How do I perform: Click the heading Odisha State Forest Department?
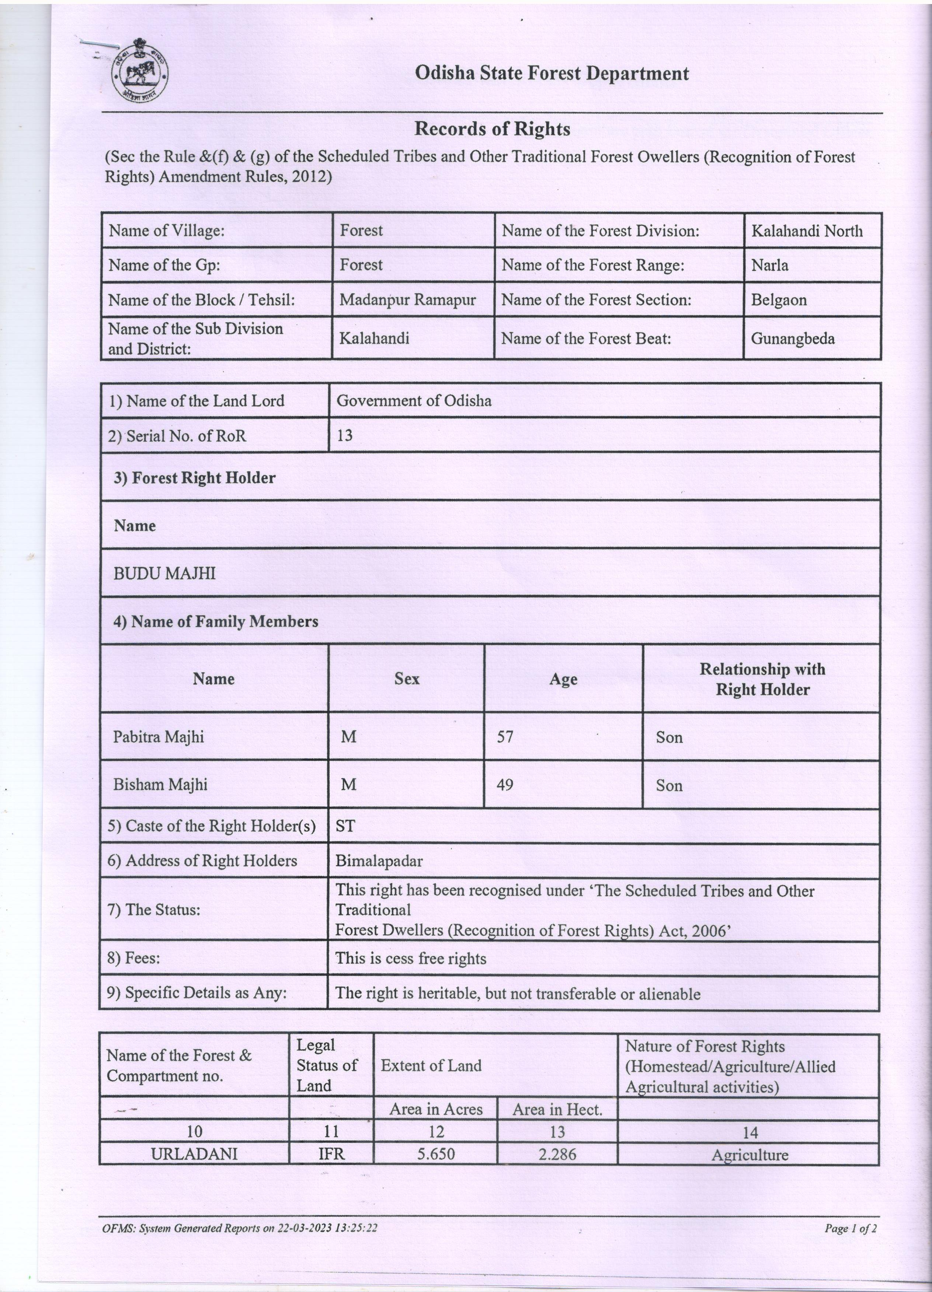[x=551, y=73]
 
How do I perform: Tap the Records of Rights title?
[x=492, y=129]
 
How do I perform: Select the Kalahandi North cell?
[x=807, y=231]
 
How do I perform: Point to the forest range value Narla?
[x=769, y=265]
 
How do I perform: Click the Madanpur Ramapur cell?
[x=408, y=300]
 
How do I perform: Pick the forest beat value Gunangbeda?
[x=792, y=338]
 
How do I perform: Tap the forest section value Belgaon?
[x=779, y=300]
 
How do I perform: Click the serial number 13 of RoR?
[x=344, y=435]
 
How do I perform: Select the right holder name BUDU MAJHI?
[x=165, y=573]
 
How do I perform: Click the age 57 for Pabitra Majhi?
[x=505, y=736]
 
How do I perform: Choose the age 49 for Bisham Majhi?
[x=505, y=784]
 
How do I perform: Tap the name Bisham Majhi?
[x=160, y=784]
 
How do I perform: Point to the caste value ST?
[x=345, y=826]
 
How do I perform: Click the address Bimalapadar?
[x=379, y=860]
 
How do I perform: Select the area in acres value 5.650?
[x=436, y=1153]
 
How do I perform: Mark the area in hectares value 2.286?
[x=557, y=1153]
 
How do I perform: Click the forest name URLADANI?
[x=194, y=1153]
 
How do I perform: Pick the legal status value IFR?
[x=331, y=1153]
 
